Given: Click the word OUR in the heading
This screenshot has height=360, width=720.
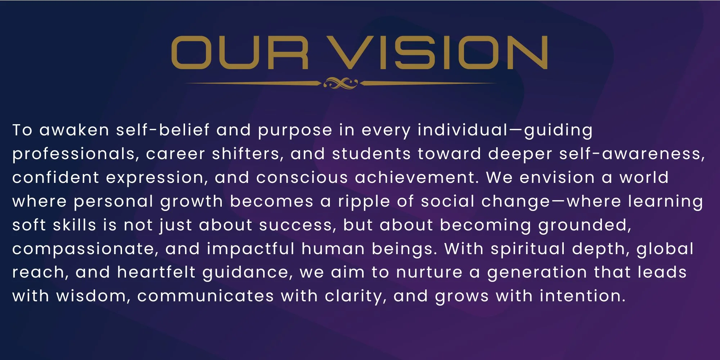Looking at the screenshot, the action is click(240, 53).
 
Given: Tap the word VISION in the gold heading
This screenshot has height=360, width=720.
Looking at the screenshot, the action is click(439, 53).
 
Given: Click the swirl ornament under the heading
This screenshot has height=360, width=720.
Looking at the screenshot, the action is click(340, 83).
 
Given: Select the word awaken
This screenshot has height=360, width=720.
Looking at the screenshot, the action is click(74, 130).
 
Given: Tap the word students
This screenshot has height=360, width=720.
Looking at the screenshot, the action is click(371, 154).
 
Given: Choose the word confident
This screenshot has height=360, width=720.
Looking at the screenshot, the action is click(55, 177).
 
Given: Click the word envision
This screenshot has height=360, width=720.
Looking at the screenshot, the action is click(557, 177).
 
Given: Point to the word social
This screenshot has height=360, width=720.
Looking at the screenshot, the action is click(447, 201).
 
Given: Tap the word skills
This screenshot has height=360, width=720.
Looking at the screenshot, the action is click(75, 225).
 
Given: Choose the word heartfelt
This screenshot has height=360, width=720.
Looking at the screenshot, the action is click(156, 272).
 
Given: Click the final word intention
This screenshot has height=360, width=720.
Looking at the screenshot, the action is click(582, 296).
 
